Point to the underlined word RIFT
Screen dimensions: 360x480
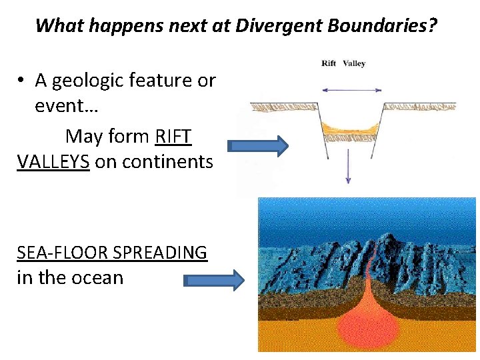[x=173, y=137]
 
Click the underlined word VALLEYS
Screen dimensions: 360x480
[x=53, y=161]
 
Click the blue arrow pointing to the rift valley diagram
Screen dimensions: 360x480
[x=257, y=146]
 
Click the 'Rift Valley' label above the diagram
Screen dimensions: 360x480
[x=343, y=64]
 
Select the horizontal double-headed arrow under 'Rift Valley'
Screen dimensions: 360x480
[x=351, y=89]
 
